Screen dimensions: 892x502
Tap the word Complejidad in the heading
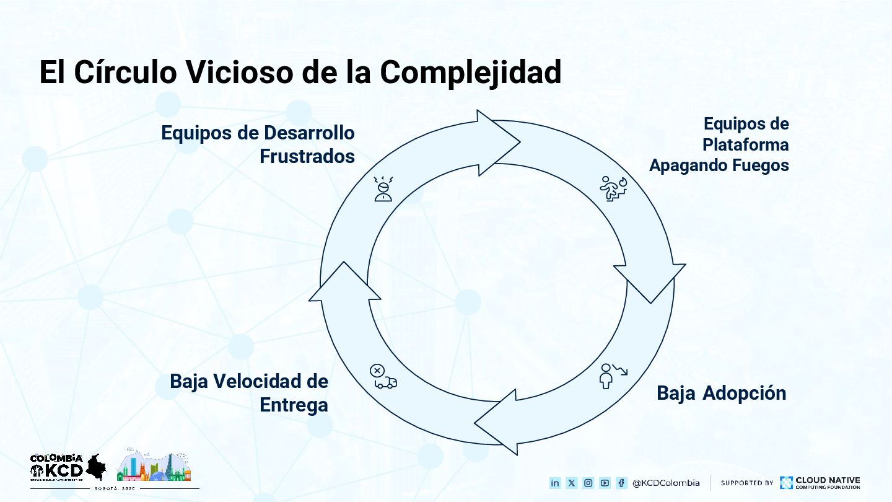(471, 72)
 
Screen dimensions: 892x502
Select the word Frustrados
(307, 156)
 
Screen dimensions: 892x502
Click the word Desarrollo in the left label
(310, 133)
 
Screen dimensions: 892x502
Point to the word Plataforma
(745, 144)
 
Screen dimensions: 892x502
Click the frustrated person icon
(383, 188)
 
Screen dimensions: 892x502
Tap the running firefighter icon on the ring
(614, 188)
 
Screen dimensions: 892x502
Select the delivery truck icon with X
(383, 377)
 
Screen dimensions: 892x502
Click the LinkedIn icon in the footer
(555, 483)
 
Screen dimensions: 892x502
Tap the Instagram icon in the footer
(588, 483)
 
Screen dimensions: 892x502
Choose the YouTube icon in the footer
(605, 483)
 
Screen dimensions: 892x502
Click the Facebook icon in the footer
(621, 483)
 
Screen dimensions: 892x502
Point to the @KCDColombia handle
(666, 483)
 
